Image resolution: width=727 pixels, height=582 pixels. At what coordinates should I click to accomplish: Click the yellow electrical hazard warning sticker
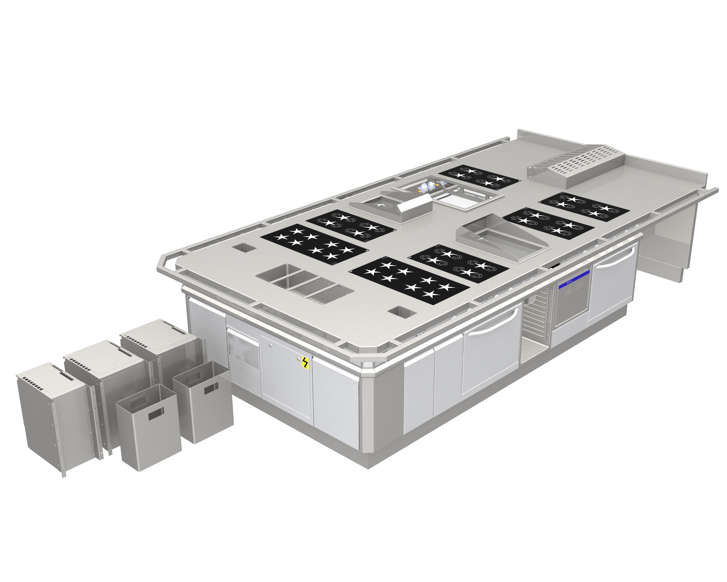click(x=305, y=362)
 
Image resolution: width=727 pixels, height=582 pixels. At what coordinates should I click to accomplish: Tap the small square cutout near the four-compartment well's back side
click(x=245, y=248)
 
